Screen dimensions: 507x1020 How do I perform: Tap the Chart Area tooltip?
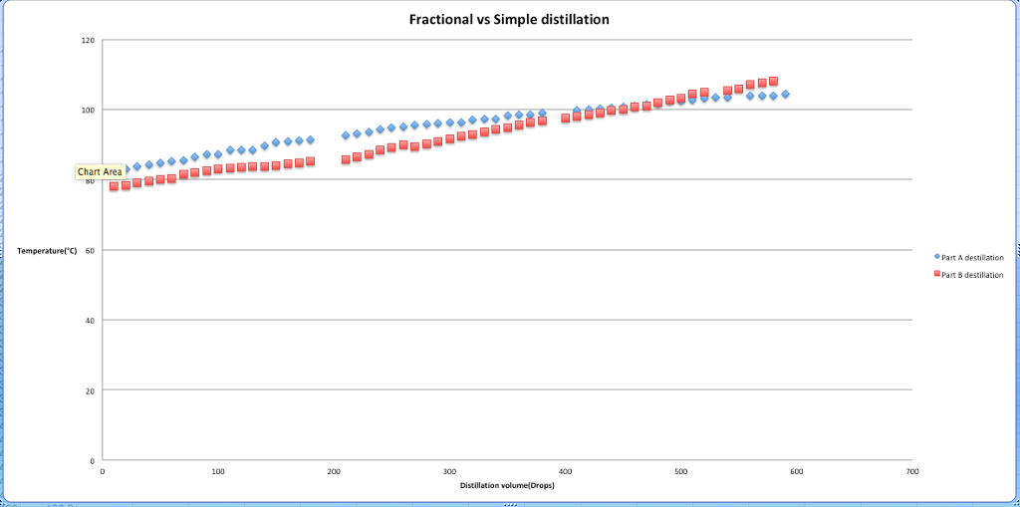pyautogui.click(x=100, y=172)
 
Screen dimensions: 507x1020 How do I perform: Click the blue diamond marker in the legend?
pyautogui.click(x=937, y=257)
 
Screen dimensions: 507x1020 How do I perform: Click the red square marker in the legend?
pyautogui.click(x=937, y=275)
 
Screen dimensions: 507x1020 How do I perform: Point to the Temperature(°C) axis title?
pyautogui.click(x=47, y=251)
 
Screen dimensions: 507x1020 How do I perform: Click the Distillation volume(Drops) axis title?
pyautogui.click(x=508, y=485)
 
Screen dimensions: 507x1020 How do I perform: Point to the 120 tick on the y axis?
pyautogui.click(x=88, y=41)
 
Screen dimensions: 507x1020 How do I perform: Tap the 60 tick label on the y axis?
pyautogui.click(x=90, y=251)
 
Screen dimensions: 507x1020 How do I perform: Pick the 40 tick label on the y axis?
pyautogui.click(x=90, y=321)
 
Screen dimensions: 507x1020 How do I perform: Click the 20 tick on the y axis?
pyautogui.click(x=90, y=391)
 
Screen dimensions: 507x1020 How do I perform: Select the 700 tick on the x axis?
pyautogui.click(x=911, y=471)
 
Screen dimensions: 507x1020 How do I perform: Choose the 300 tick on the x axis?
pyautogui.click(x=449, y=471)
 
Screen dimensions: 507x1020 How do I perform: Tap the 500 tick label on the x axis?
pyautogui.click(x=680, y=471)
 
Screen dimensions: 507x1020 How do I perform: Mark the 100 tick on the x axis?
pyautogui.click(x=218, y=471)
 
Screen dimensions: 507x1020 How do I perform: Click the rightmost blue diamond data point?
pyautogui.click(x=785, y=95)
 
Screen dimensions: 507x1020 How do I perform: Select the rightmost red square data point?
pyautogui.click(x=773, y=82)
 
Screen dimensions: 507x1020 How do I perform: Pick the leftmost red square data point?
pyautogui.click(x=114, y=186)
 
